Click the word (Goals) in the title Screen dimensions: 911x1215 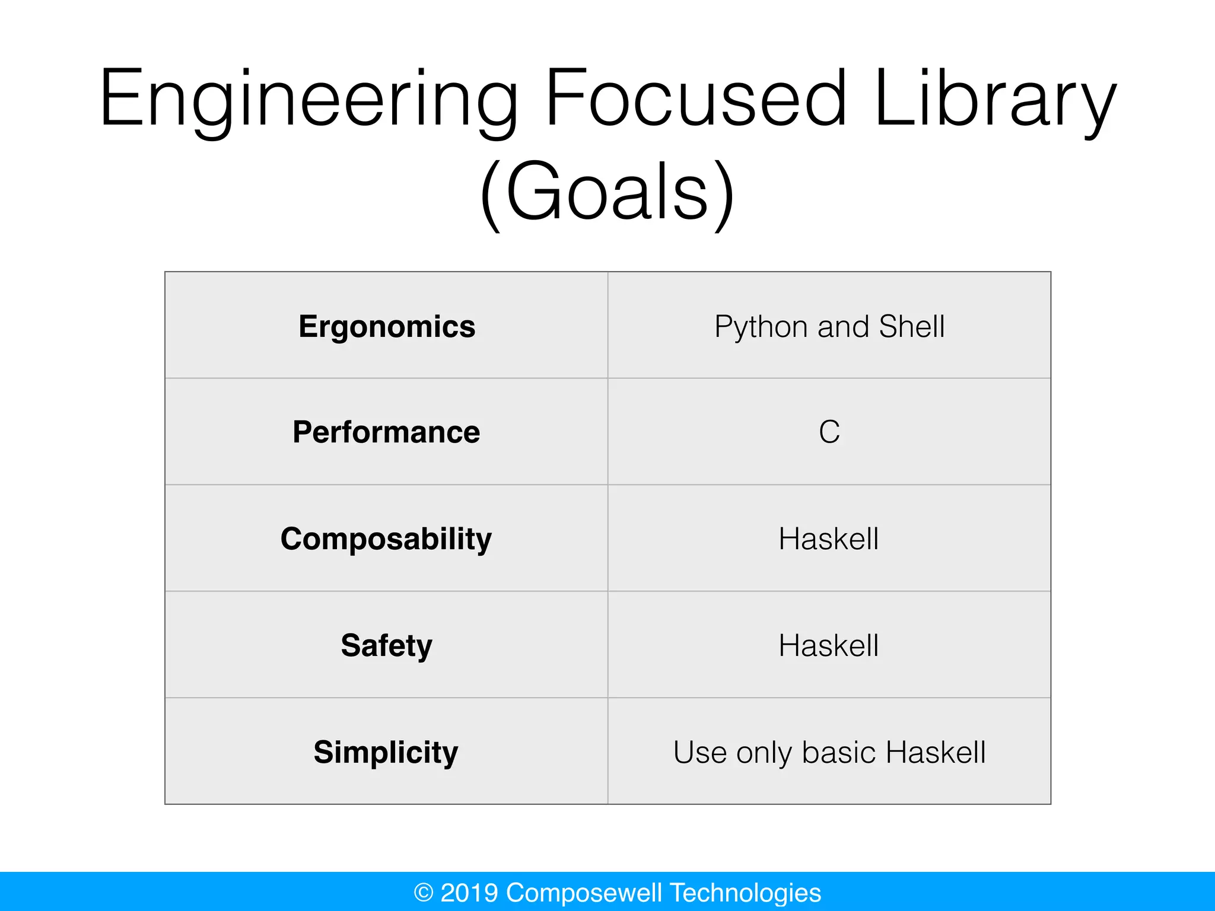coord(607,193)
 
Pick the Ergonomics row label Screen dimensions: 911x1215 coord(387,327)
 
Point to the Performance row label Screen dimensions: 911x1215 coord(386,432)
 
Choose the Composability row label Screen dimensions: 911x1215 coord(386,539)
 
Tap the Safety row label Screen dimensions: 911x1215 coord(386,645)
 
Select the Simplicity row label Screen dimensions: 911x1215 coord(386,753)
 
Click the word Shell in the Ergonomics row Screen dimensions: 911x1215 coord(912,326)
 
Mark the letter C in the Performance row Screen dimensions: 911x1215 coord(829,432)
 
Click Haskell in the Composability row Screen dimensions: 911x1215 coord(829,539)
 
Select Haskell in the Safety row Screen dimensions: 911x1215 coord(829,645)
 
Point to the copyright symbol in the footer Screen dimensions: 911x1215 coord(424,893)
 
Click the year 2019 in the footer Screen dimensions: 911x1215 coord(469,893)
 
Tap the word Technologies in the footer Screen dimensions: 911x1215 coord(746,893)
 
